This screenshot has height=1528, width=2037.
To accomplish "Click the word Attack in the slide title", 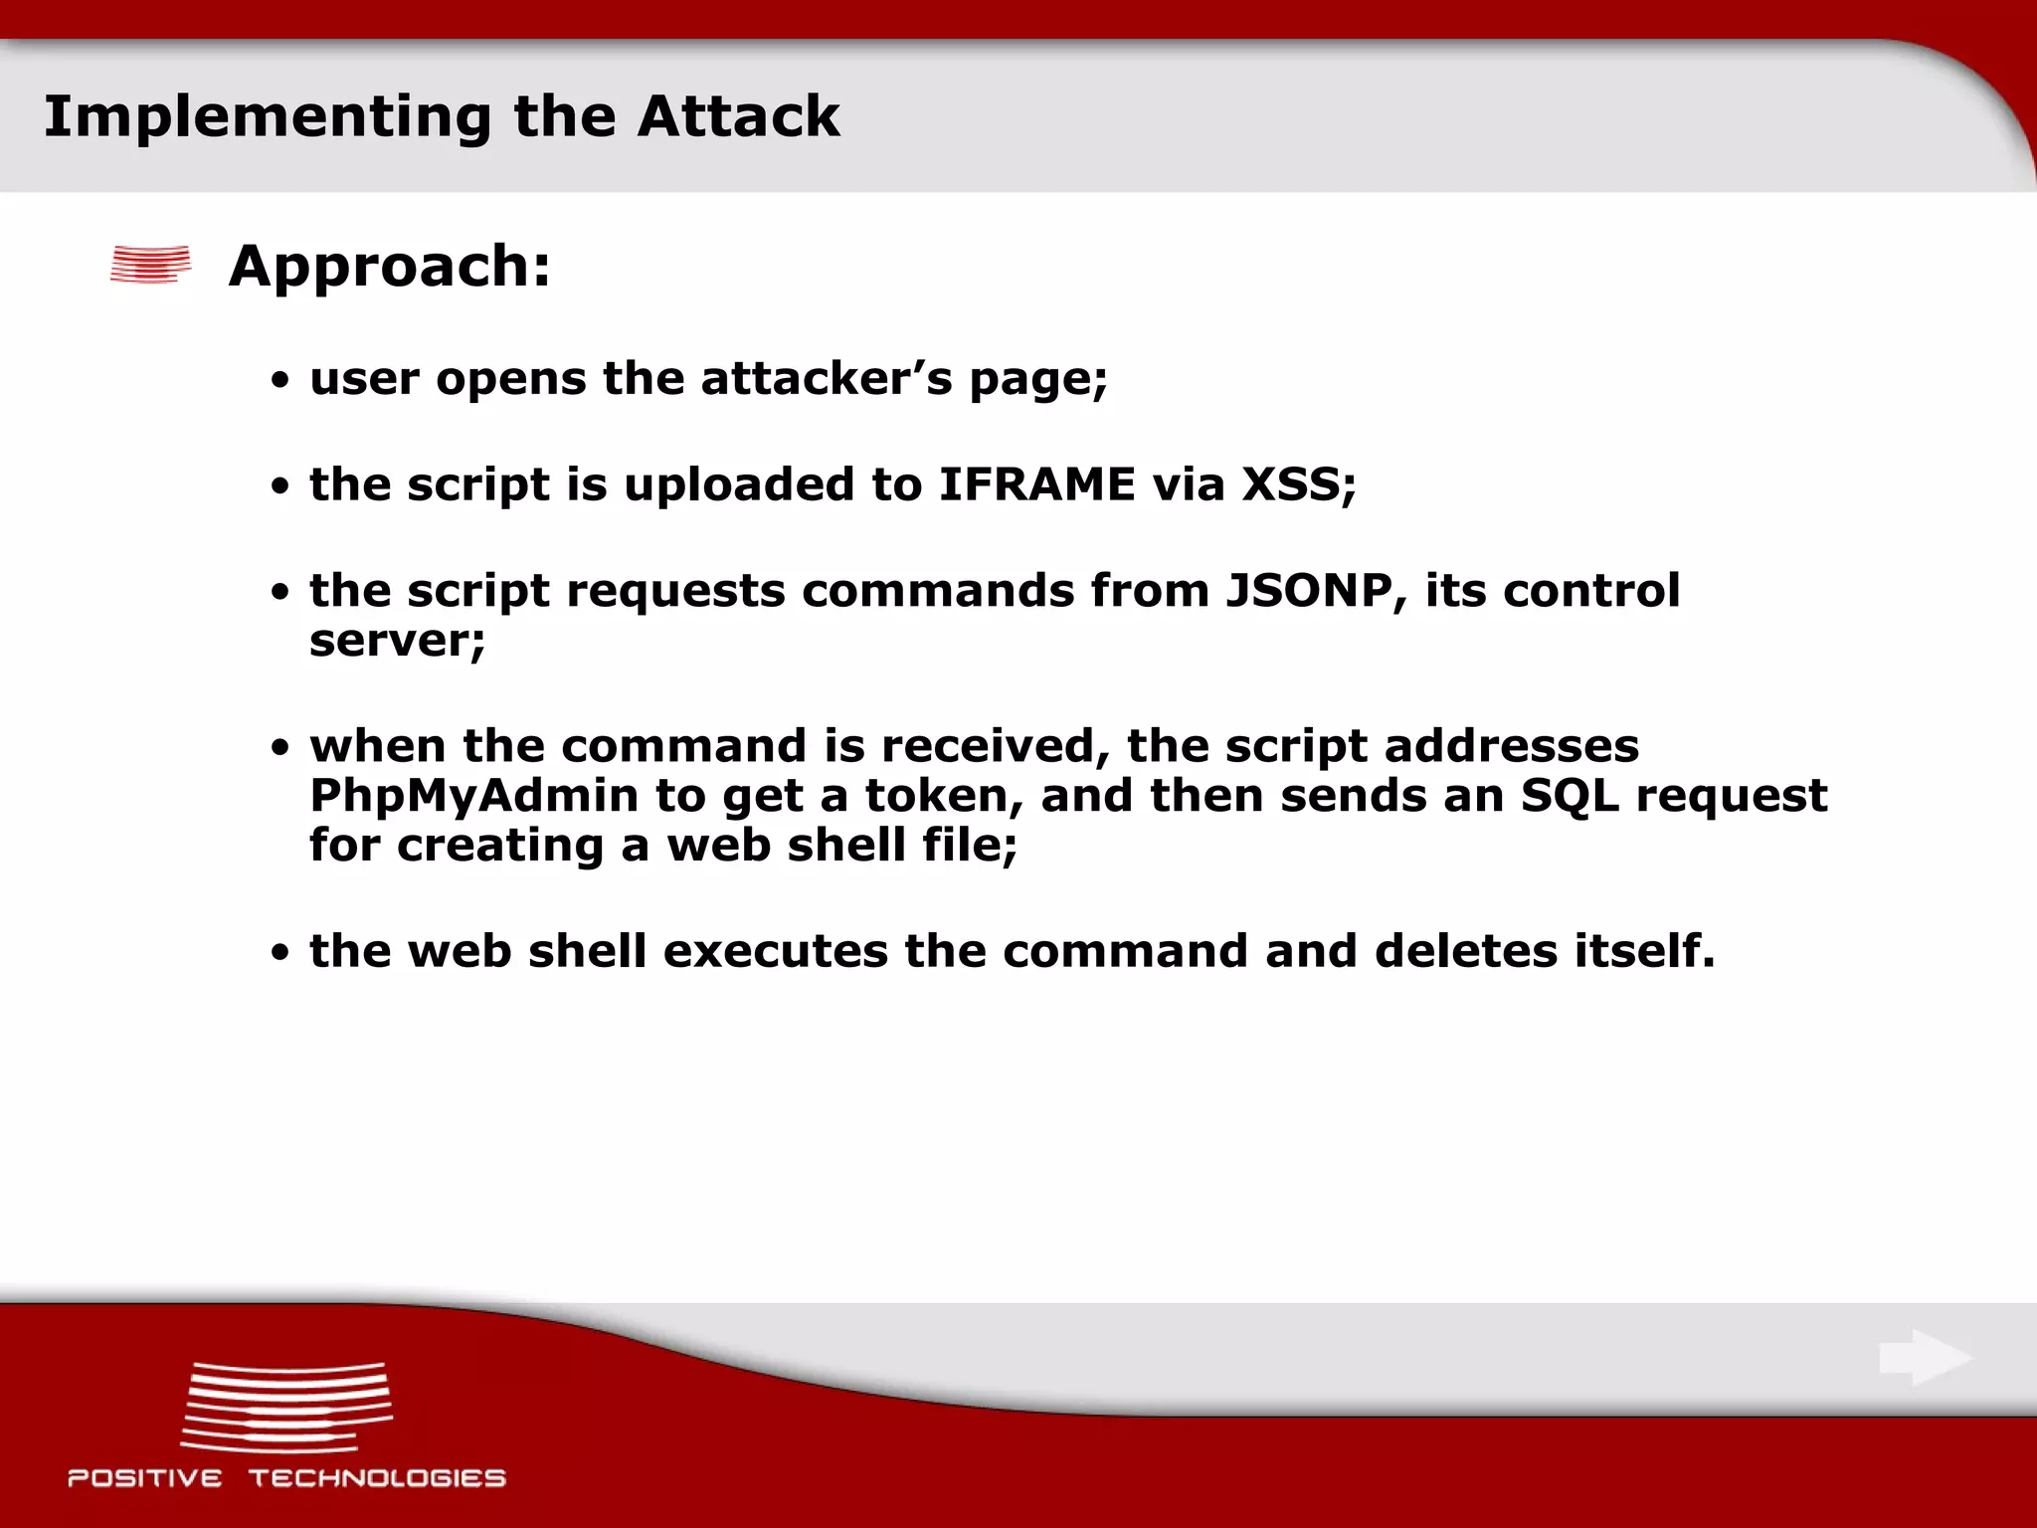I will pyautogui.click(x=738, y=116).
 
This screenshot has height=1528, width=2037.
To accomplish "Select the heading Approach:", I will pyautogui.click(x=389, y=267).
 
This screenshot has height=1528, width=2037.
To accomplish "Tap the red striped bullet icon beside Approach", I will pyautogui.click(x=150, y=265).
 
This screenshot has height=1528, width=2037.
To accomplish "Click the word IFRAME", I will pyautogui.click(x=1036, y=484).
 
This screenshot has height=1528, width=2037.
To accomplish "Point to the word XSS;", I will pyautogui.click(x=1299, y=484).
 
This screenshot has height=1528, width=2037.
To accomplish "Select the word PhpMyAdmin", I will pyautogui.click(x=473, y=796).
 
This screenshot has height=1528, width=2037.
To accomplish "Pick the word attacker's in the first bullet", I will pyautogui.click(x=827, y=379).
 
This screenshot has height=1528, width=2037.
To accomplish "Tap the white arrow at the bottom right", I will pyautogui.click(x=1925, y=1357).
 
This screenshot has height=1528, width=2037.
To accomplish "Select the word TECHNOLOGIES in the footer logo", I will pyautogui.click(x=377, y=1478).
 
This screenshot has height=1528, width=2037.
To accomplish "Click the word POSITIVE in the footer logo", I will pyautogui.click(x=145, y=1478).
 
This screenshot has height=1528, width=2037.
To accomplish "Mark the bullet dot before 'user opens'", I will pyautogui.click(x=281, y=381).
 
